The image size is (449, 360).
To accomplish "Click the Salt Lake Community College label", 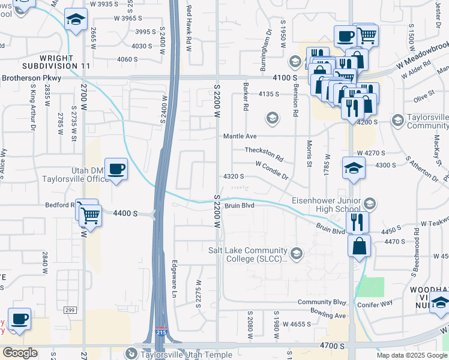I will [x=248, y=255].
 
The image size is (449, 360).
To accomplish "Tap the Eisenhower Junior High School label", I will [x=326, y=205].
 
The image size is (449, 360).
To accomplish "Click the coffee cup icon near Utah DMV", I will [x=116, y=168].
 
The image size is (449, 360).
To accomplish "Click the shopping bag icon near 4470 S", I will [x=359, y=246].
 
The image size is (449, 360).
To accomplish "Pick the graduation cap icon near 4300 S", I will [x=354, y=169].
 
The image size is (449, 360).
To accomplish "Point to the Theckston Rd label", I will [x=264, y=151].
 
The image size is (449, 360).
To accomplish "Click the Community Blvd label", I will [x=322, y=302].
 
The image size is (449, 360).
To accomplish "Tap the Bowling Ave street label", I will [x=328, y=313].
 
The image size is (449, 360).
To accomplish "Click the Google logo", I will [x=20, y=353].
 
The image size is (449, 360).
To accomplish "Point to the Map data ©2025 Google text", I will [x=411, y=355].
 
